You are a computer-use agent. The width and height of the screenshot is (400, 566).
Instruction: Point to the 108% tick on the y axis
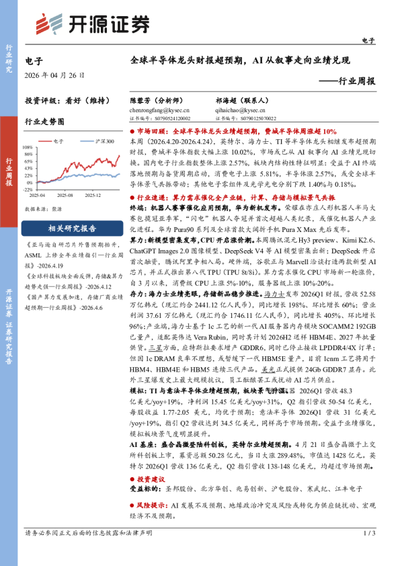tap(32, 148)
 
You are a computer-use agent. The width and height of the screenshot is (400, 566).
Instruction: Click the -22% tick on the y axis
tap(32, 190)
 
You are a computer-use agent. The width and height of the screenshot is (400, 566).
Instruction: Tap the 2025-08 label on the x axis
tap(66, 196)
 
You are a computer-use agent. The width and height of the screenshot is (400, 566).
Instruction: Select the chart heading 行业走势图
tap(44, 122)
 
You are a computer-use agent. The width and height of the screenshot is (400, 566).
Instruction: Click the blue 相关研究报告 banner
tap(72, 228)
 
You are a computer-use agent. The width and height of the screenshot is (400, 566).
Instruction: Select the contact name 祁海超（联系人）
tap(237, 98)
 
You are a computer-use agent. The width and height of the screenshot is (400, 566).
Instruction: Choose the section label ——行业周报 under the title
tap(346, 81)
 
